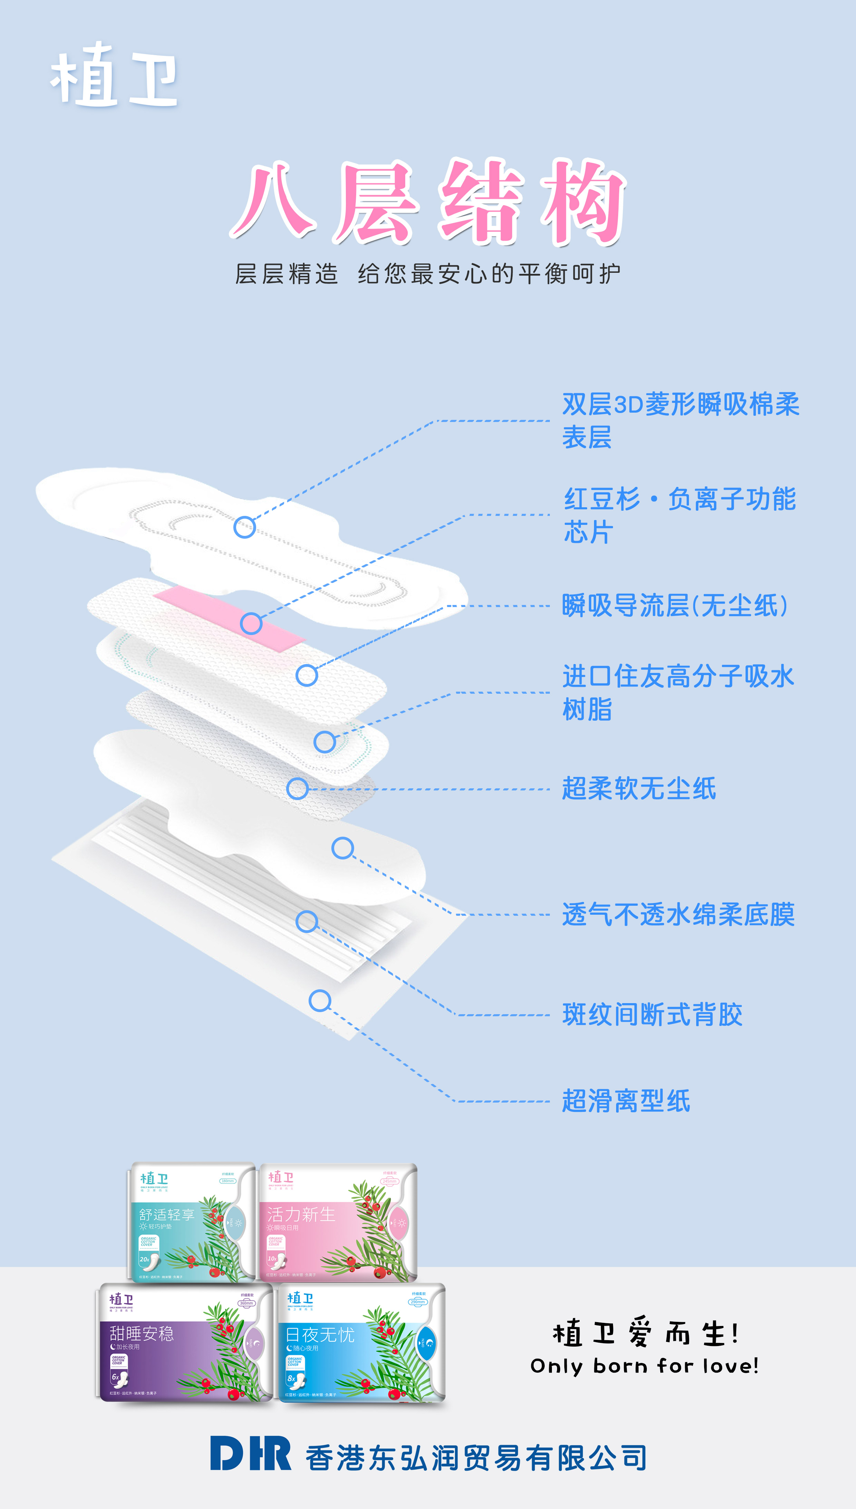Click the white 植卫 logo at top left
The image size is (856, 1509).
click(114, 76)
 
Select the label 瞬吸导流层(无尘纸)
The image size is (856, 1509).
click(674, 606)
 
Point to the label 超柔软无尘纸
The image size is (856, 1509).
click(639, 789)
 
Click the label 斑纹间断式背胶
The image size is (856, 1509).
click(652, 1015)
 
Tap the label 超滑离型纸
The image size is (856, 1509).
click(625, 1101)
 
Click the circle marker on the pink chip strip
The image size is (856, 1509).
click(251, 623)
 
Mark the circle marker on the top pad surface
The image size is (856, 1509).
click(245, 527)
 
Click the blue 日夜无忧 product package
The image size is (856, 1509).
click(362, 1344)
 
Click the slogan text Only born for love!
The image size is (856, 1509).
click(644, 1365)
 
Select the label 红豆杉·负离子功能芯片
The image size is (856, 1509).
click(680, 515)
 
